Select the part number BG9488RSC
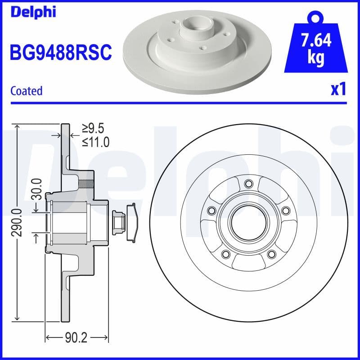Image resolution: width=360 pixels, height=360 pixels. coord(60,53)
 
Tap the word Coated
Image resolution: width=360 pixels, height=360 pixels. coord(26,90)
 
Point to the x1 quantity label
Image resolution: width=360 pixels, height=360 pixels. coord(338,89)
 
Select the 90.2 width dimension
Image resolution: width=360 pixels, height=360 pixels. coord(76,337)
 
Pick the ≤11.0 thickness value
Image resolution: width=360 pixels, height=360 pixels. coord(95,142)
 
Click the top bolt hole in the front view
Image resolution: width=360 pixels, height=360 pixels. coord(248,184)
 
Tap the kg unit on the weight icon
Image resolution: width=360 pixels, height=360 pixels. coord(316,58)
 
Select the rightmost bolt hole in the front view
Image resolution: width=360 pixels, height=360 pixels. coord(285,211)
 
